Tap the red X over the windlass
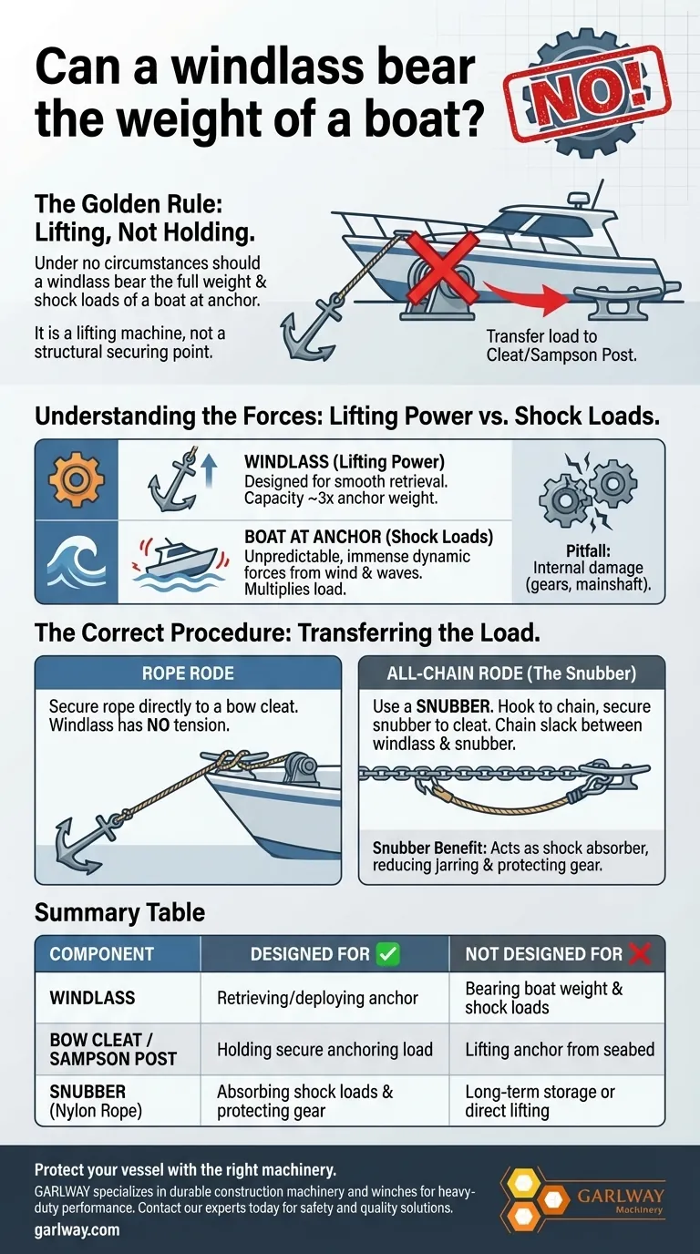[442, 268]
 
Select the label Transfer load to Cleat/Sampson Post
[561, 344]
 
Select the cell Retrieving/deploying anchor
[317, 998]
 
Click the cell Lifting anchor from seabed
[560, 1049]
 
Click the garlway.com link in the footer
[77, 1229]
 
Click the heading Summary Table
[119, 912]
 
